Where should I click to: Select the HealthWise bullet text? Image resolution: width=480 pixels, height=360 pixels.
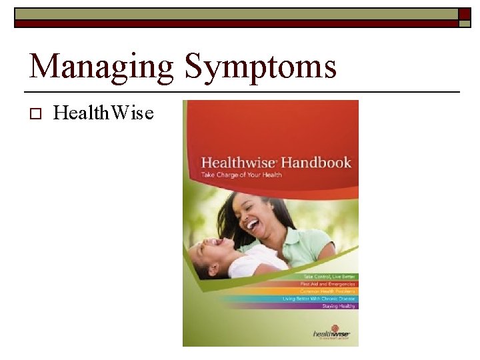click(103, 113)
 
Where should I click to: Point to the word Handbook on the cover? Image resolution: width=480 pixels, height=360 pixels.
click(316, 163)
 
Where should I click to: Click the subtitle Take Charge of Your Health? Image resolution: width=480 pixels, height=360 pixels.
click(241, 175)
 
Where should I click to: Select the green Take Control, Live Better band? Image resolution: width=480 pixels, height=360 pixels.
click(327, 276)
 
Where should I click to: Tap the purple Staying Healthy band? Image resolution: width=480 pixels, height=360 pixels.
click(327, 306)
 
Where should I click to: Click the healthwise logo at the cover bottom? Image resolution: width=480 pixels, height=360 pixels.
click(331, 333)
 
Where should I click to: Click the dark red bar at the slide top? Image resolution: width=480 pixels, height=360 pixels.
click(233, 23)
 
